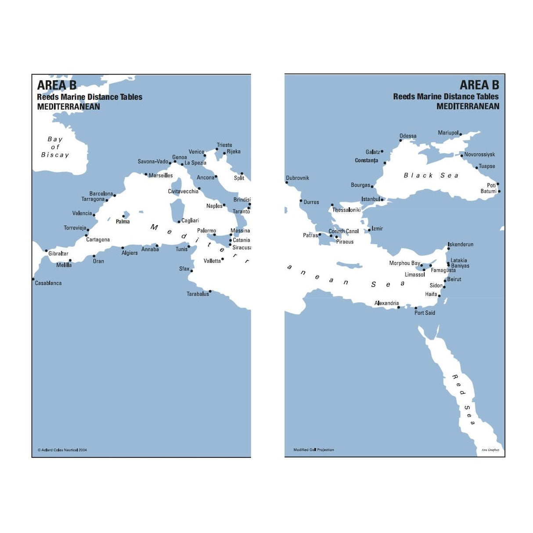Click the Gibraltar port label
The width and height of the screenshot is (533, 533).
click(58, 254)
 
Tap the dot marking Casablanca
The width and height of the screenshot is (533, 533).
click(33, 279)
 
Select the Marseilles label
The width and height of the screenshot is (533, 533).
click(161, 176)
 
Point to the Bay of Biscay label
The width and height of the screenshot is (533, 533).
click(55, 147)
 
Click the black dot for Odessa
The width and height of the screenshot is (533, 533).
click(400, 140)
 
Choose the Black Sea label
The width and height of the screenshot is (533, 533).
click(431, 176)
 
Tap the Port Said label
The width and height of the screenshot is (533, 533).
click(425, 313)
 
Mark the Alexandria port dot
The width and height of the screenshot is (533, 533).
click(399, 307)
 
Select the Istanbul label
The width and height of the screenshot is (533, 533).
click(371, 199)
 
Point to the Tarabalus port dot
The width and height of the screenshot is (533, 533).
click(210, 291)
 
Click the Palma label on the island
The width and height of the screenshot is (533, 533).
click(122, 222)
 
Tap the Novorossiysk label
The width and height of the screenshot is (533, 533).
click(479, 155)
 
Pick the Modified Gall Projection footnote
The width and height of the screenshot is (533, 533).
click(313, 450)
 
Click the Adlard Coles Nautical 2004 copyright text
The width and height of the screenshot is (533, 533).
click(62, 450)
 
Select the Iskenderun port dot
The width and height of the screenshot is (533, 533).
click(448, 249)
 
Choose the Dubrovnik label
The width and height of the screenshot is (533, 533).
click(298, 178)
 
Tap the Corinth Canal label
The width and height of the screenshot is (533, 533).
click(343, 231)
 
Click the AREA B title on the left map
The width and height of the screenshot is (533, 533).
click(57, 85)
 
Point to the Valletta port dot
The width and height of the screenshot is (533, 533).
click(223, 259)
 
